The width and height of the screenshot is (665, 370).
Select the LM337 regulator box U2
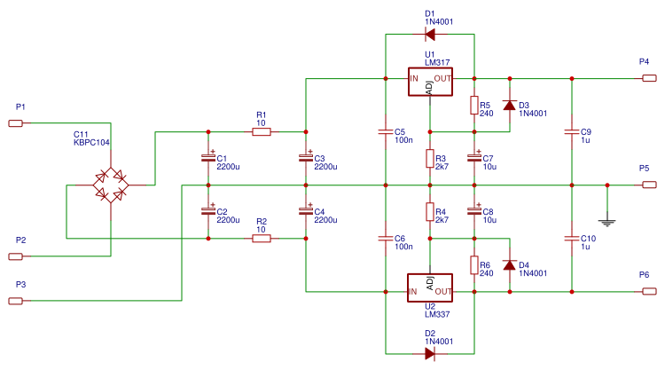[x=430, y=287]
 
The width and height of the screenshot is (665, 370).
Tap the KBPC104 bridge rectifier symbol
[x=111, y=185]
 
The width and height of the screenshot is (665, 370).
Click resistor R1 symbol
[x=261, y=132]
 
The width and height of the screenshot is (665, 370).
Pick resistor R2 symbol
[x=261, y=238]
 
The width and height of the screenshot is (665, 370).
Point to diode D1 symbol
[x=430, y=35]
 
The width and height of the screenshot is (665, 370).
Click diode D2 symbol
[x=430, y=353]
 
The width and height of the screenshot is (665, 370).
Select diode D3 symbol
[x=509, y=106]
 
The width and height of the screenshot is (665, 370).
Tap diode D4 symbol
[x=509, y=264]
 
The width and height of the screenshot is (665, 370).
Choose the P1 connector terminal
[x=16, y=123]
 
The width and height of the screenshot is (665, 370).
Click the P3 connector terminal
[x=16, y=301]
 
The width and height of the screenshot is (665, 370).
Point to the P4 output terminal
[x=649, y=78]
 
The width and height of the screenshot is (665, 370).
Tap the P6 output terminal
[x=649, y=291]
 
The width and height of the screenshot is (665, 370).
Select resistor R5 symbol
[x=474, y=106]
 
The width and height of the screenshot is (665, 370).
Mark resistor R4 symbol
[x=430, y=212]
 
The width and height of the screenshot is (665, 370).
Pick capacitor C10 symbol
[x=572, y=239]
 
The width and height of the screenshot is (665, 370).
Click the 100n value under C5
[x=403, y=140]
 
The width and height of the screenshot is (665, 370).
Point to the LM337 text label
[x=436, y=313]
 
